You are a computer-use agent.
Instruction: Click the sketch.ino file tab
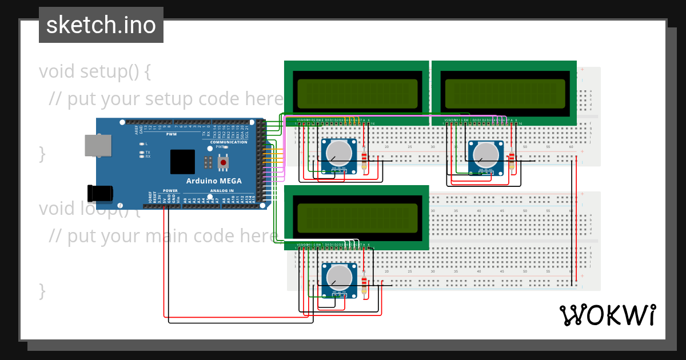(x=101, y=25)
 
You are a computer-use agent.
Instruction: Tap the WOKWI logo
(x=607, y=315)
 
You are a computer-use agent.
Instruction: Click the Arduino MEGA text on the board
(x=213, y=181)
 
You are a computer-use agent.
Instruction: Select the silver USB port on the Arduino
(x=98, y=145)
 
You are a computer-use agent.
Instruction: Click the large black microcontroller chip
(x=182, y=162)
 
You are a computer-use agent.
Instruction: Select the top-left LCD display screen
(x=357, y=92)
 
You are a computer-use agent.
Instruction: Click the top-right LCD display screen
(x=505, y=92)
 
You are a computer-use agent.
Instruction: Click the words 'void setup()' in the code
(x=95, y=72)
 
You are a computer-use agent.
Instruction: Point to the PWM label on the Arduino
(x=171, y=134)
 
